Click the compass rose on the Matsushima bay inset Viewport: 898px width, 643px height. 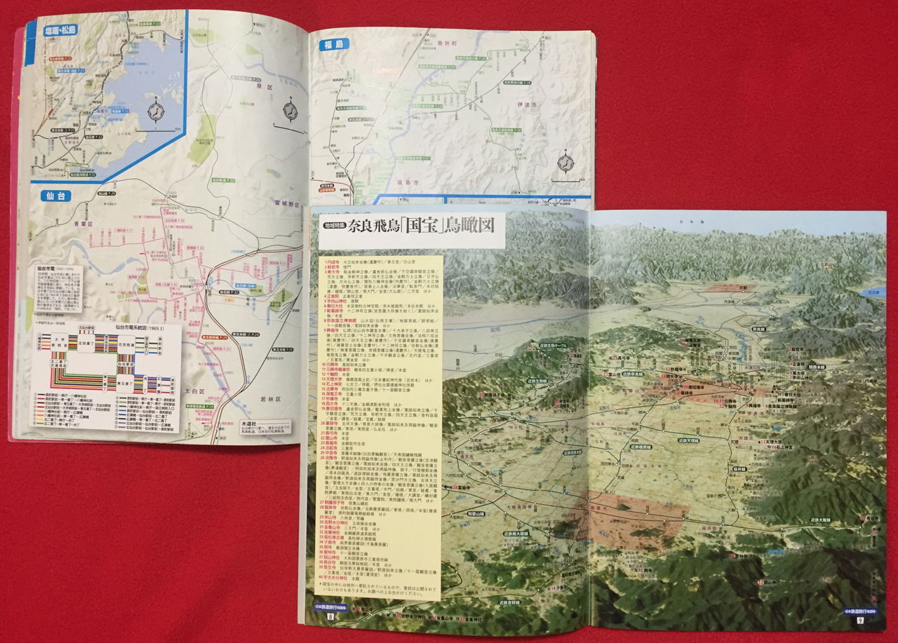tap(155, 110)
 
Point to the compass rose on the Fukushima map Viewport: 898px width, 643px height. tap(565, 163)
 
